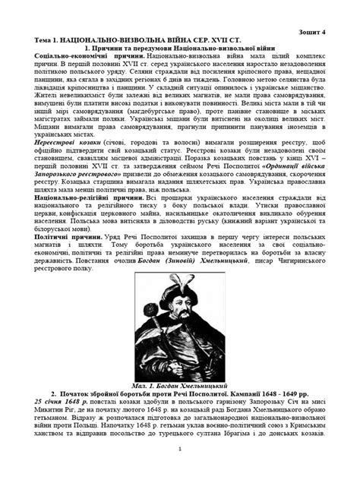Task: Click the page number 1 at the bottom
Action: click(180, 471)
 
